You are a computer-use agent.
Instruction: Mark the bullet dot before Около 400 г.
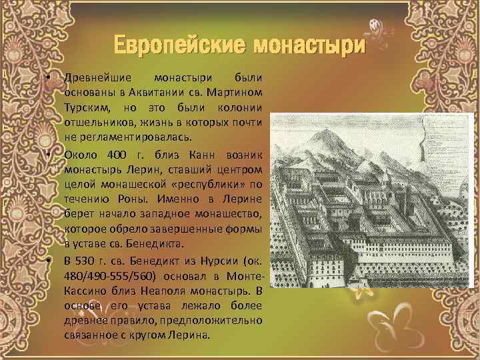pyautogui.click(x=51, y=153)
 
